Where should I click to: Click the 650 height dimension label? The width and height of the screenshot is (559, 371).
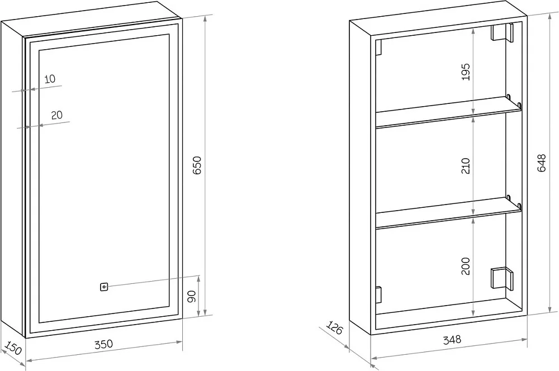[197, 165]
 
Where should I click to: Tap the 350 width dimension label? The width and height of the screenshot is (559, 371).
[104, 344]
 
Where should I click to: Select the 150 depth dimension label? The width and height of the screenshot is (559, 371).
[13, 348]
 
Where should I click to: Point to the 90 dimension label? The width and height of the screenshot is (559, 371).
[192, 296]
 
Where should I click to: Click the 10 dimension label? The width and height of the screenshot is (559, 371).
[50, 79]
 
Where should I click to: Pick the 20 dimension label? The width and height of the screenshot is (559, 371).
[56, 115]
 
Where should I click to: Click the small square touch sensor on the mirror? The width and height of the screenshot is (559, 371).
[104, 287]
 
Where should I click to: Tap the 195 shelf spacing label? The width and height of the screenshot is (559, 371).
[466, 72]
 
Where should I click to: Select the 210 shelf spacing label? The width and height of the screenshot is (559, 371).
[466, 166]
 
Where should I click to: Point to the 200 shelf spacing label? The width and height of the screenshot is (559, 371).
[466, 266]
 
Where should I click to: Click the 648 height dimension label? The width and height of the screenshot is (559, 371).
[541, 163]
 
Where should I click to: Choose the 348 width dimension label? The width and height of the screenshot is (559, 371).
[452, 340]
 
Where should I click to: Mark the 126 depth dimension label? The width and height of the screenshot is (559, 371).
[334, 328]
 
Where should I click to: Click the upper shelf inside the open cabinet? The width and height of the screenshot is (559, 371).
[448, 112]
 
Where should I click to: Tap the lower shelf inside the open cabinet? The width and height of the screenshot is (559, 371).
[448, 213]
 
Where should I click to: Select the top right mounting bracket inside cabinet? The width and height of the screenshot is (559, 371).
[502, 32]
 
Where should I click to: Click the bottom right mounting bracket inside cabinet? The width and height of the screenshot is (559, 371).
[501, 278]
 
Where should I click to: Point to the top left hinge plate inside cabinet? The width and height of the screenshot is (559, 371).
[378, 47]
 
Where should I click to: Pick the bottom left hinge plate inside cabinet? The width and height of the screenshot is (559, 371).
[378, 295]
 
